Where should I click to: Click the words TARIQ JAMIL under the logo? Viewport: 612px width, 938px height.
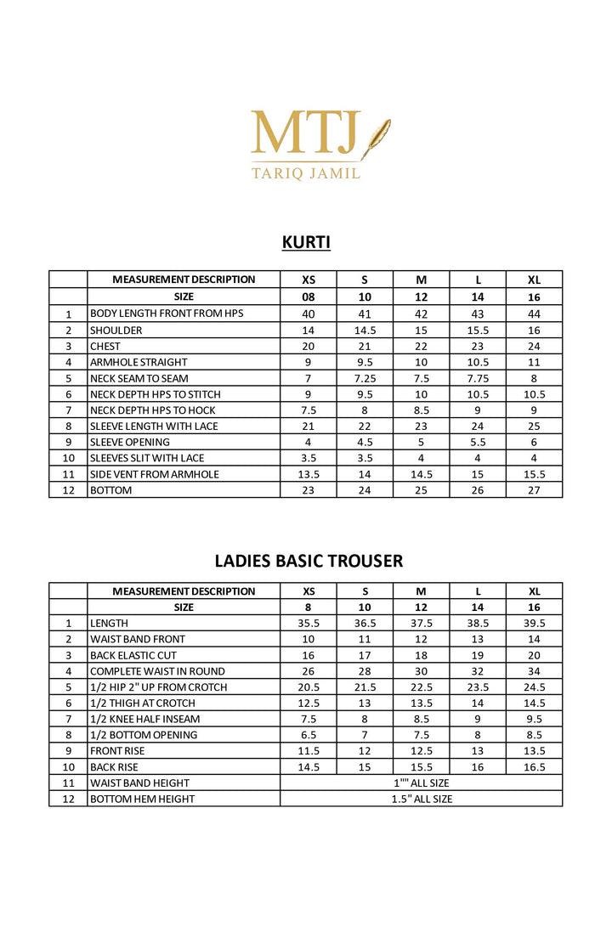[306, 172]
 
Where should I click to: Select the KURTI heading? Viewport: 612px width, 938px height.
[306, 243]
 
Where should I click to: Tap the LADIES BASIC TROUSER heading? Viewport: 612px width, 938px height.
[309, 561]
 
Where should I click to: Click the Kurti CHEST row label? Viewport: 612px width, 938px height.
[105, 347]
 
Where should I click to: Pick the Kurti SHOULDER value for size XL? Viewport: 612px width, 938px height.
[534, 331]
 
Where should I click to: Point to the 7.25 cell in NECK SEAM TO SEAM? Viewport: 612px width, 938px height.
[365, 378]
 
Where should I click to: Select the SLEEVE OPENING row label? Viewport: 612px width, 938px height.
[130, 442]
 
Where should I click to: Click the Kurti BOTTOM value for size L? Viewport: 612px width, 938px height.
[478, 490]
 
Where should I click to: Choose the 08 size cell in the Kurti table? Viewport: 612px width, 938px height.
[309, 297]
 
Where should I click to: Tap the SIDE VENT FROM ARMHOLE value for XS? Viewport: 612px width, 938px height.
[309, 474]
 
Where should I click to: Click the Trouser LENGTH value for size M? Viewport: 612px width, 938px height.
[421, 623]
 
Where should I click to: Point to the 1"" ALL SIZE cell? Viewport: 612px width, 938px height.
[421, 783]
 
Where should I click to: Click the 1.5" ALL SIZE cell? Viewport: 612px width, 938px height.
[421, 799]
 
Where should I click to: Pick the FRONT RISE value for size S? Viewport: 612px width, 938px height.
[365, 751]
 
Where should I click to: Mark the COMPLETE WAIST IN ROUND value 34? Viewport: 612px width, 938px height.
[534, 671]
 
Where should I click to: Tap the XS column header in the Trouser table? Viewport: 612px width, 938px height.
[309, 591]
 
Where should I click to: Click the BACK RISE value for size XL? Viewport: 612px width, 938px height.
[534, 767]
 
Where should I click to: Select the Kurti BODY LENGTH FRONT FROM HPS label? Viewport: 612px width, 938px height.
[167, 314]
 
